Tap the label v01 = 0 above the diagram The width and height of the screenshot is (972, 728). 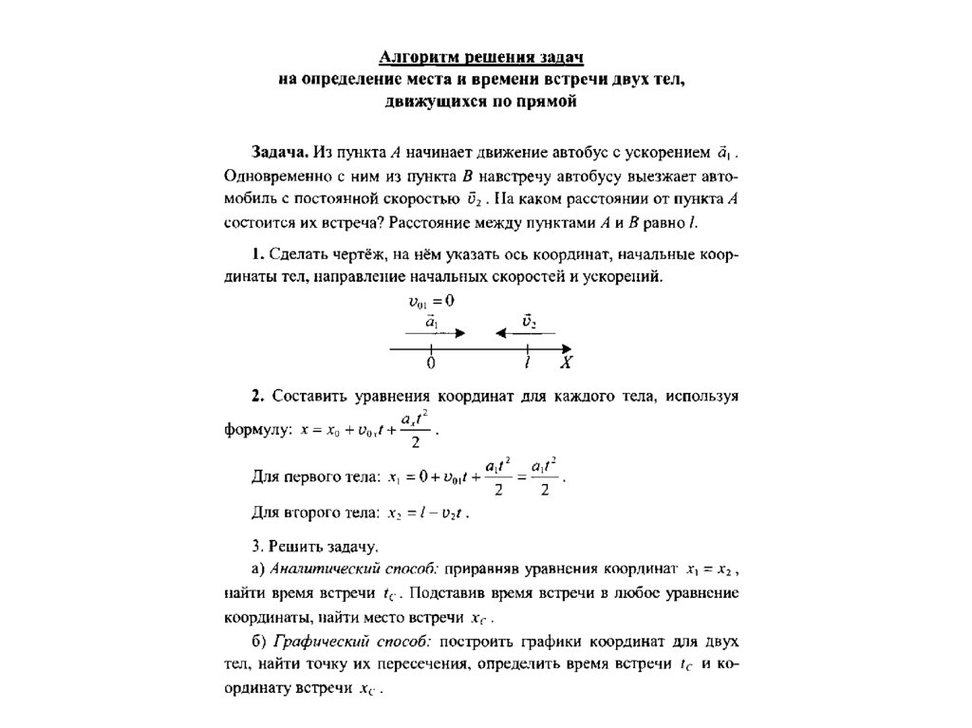point(432,301)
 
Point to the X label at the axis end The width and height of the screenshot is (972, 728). point(566,364)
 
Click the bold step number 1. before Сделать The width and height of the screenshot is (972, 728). point(257,254)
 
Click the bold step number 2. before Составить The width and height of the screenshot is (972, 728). point(257,395)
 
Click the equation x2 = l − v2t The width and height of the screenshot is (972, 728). point(428,513)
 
